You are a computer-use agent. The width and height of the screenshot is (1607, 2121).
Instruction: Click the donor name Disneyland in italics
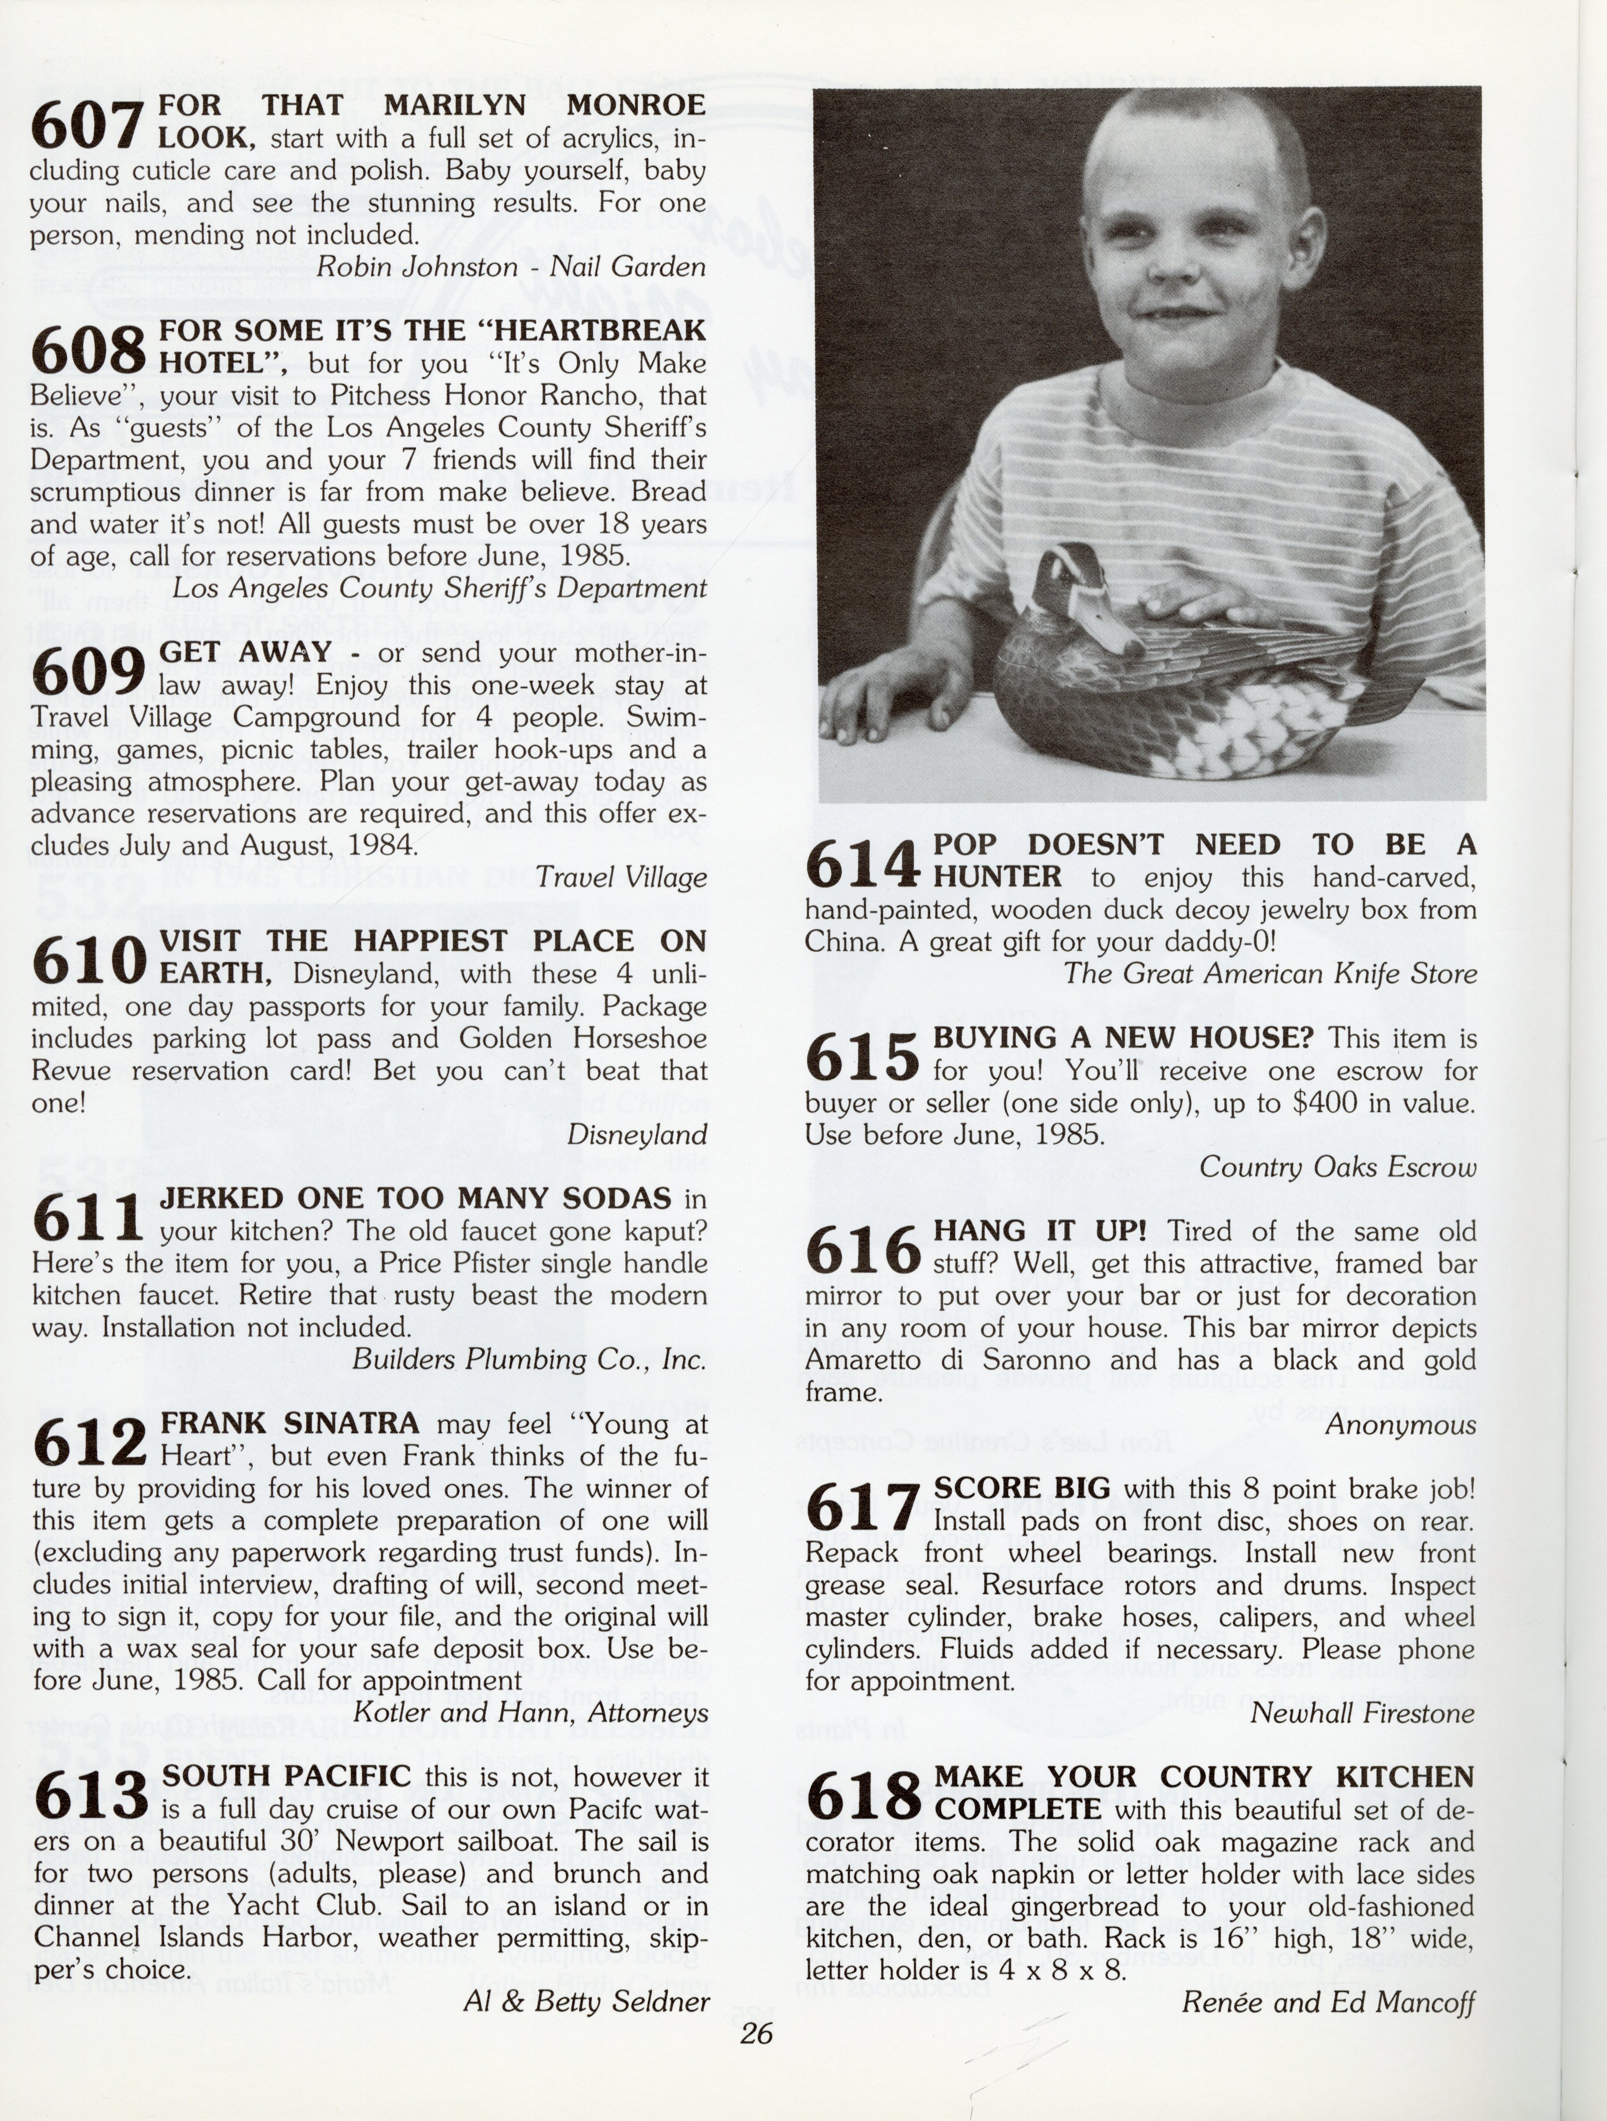[x=637, y=1134]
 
